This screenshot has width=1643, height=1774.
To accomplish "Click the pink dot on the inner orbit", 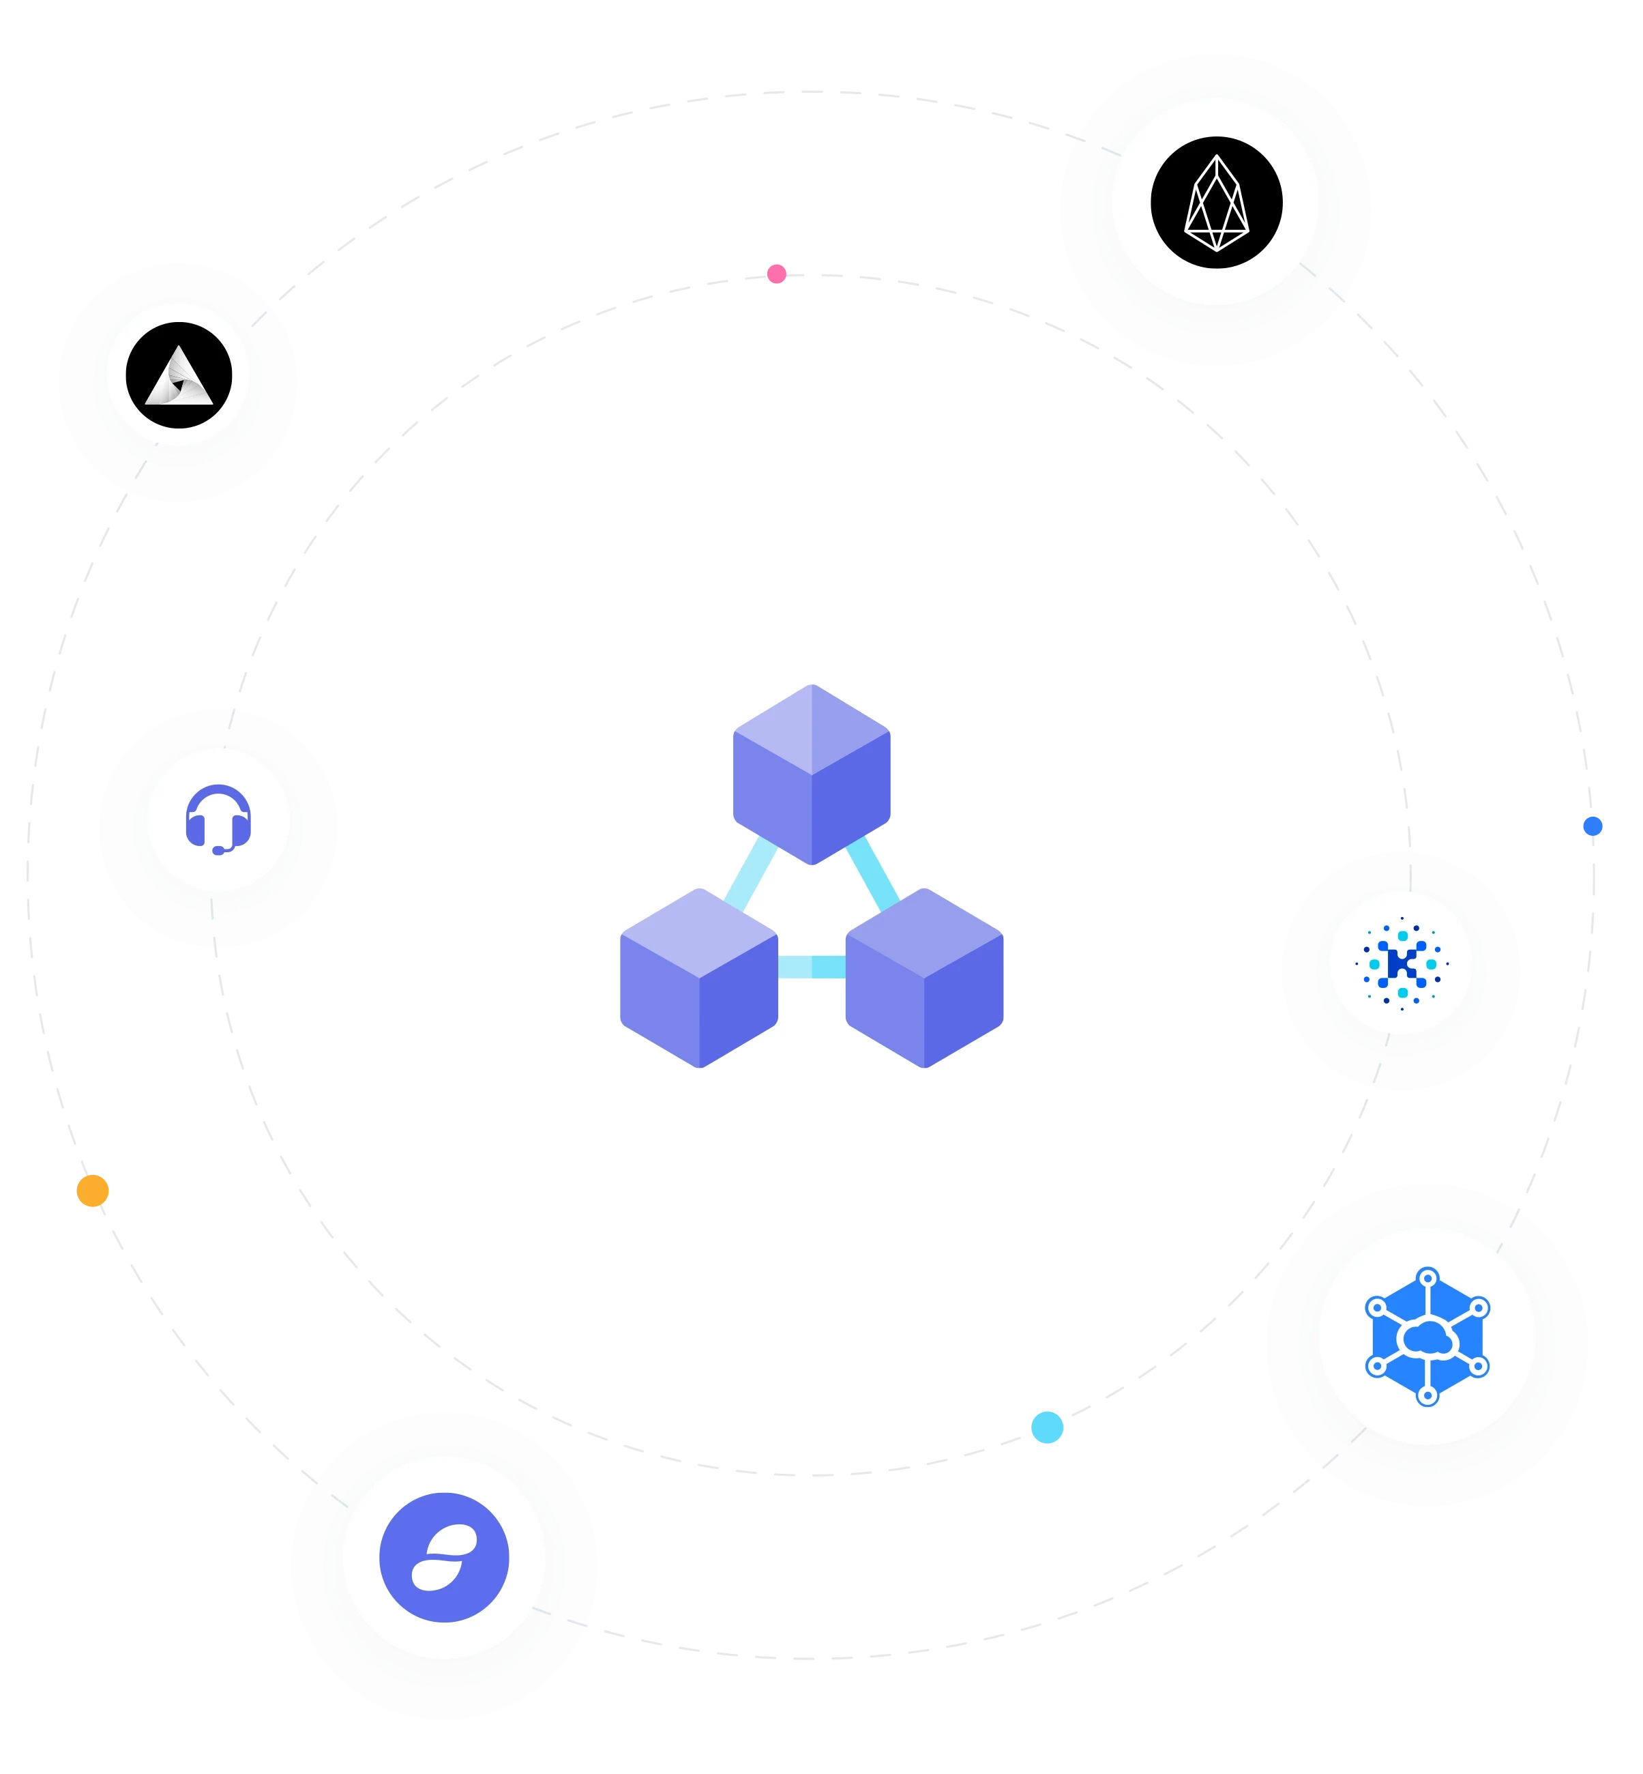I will (776, 273).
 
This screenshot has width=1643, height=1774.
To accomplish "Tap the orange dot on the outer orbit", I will (93, 1191).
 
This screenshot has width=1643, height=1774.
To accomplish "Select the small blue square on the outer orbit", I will (1593, 824).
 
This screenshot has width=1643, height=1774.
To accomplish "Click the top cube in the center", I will (812, 774).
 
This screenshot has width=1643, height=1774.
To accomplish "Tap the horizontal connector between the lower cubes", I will (812, 967).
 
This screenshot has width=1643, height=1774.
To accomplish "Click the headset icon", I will (218, 818).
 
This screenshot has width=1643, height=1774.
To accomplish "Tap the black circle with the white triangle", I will (179, 375).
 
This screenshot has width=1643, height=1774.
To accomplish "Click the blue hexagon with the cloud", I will (1427, 1337).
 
